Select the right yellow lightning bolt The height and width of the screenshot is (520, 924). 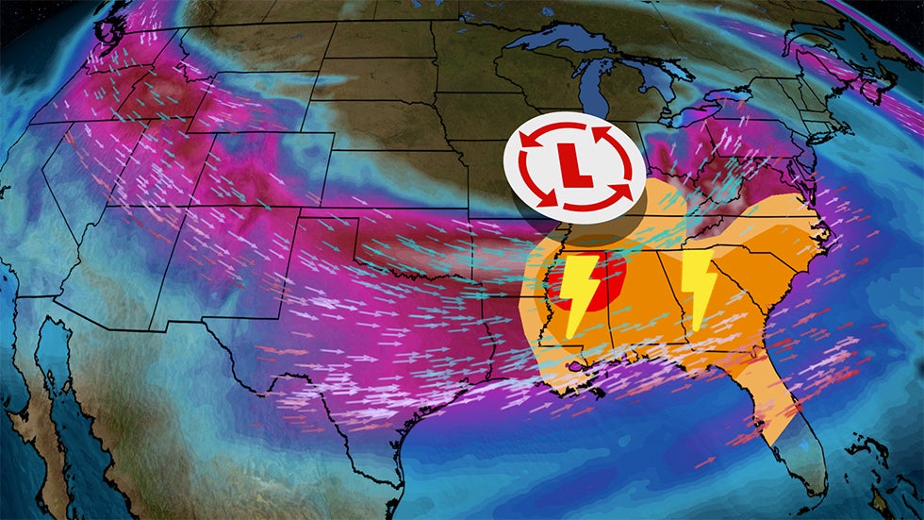699,288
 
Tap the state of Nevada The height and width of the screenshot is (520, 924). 94,189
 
